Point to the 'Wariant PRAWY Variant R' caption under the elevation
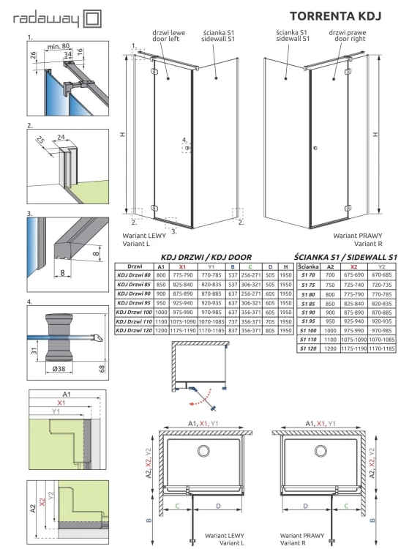(359, 239)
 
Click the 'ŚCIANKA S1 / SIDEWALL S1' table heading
(345, 257)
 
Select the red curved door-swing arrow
(194, 401)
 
